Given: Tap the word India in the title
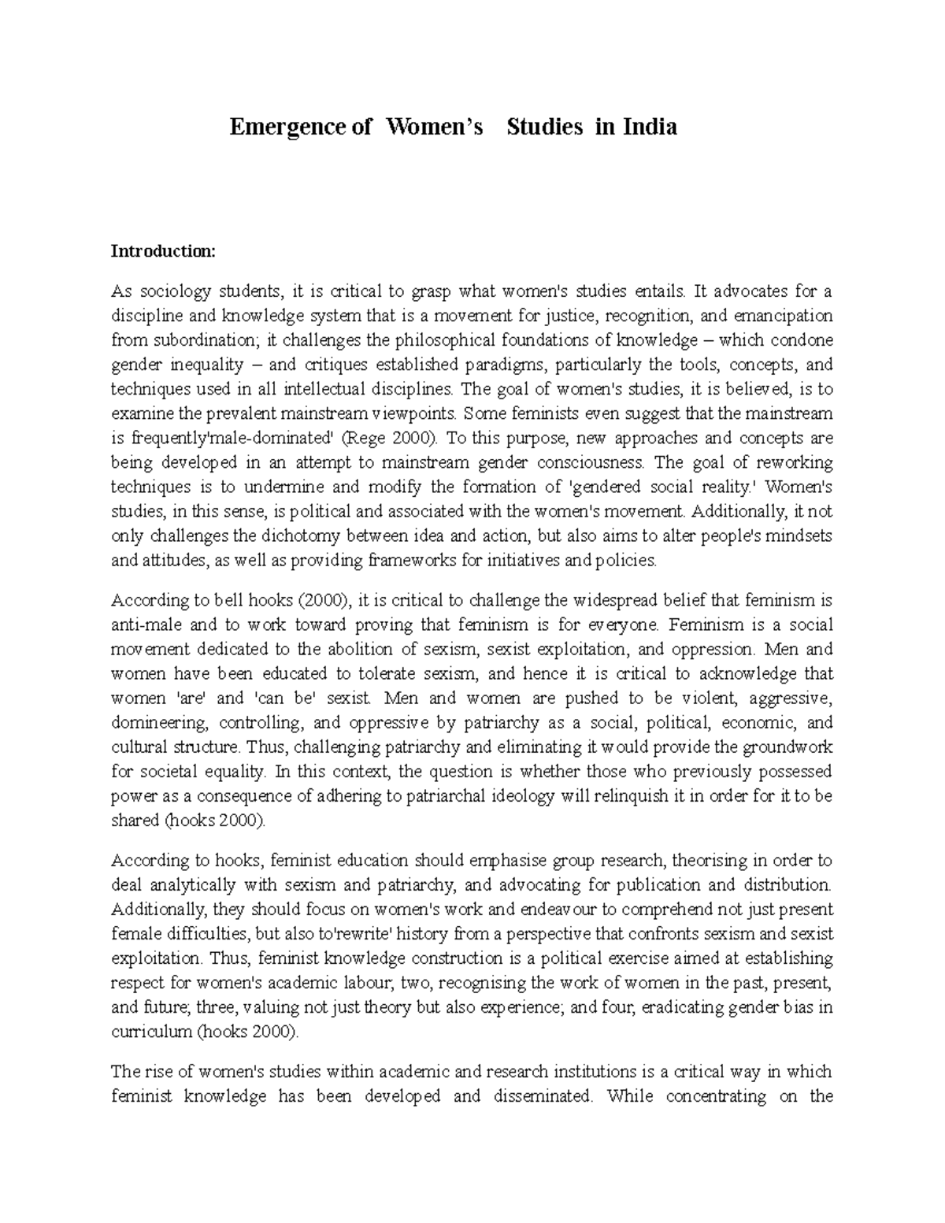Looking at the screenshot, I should [x=650, y=127].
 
